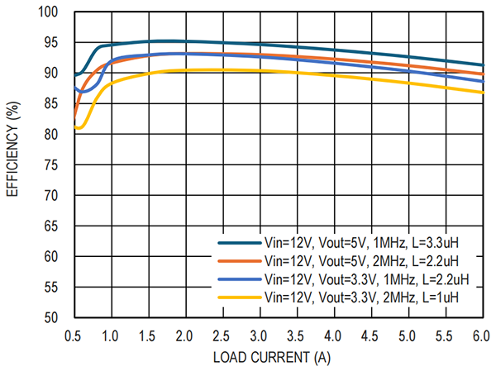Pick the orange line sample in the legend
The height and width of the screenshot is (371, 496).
236,261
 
